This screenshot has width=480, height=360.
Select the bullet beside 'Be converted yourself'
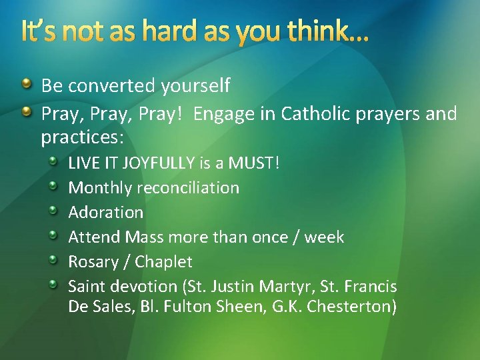point(26,85)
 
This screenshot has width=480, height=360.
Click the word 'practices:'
point(83,138)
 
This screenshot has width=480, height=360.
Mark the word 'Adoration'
point(106,213)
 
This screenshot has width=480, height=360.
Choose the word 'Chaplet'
point(163,261)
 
